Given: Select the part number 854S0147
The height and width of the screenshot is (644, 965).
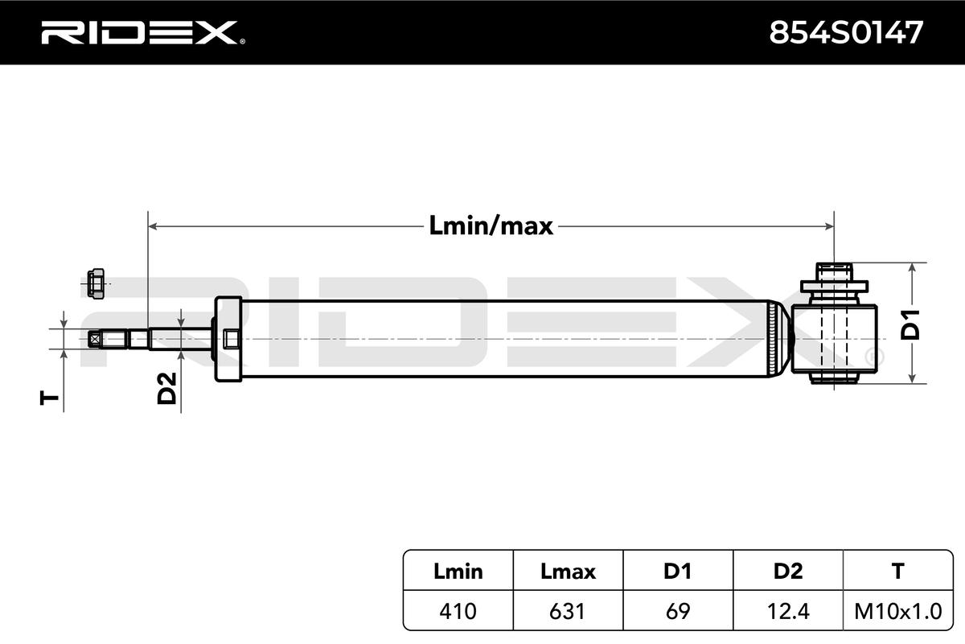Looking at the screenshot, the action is click(x=846, y=32).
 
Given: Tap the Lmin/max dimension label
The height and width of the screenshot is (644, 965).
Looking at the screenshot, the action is click(x=491, y=226).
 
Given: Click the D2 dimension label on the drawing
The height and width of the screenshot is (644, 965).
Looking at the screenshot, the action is click(x=166, y=388).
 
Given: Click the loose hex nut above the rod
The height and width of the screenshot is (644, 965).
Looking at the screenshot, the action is click(x=95, y=283).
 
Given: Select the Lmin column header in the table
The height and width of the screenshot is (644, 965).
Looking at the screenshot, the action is click(x=458, y=572).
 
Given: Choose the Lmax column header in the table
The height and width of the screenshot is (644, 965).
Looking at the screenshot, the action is click(x=569, y=572).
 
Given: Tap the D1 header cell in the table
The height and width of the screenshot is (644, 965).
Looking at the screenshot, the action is click(x=677, y=572).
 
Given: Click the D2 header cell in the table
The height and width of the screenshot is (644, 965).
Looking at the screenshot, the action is click(x=788, y=572).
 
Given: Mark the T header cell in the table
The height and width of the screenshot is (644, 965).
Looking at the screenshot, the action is click(x=897, y=572).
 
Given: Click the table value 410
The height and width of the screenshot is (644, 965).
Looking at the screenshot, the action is click(x=458, y=611).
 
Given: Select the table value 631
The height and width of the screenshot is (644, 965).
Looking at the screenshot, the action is click(x=569, y=611).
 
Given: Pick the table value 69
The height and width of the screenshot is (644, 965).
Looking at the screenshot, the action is click(x=677, y=611).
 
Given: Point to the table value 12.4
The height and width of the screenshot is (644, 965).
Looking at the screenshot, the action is click(x=788, y=611).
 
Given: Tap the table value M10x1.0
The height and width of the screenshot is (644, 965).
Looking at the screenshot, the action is click(x=897, y=611).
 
